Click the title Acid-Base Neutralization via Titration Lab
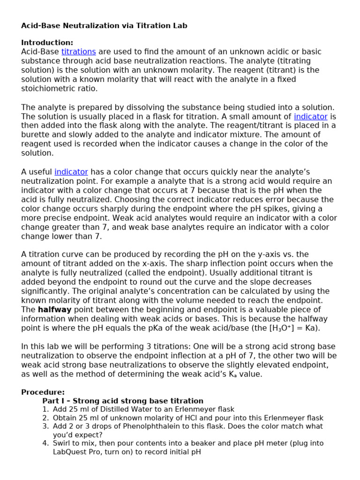[x=104, y=26]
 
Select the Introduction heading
[x=47, y=43]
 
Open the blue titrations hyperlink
[x=78, y=52]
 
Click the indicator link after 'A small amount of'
[x=310, y=116]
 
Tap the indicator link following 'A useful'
[x=71, y=172]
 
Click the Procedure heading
[x=43, y=392]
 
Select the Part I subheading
[x=123, y=401]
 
